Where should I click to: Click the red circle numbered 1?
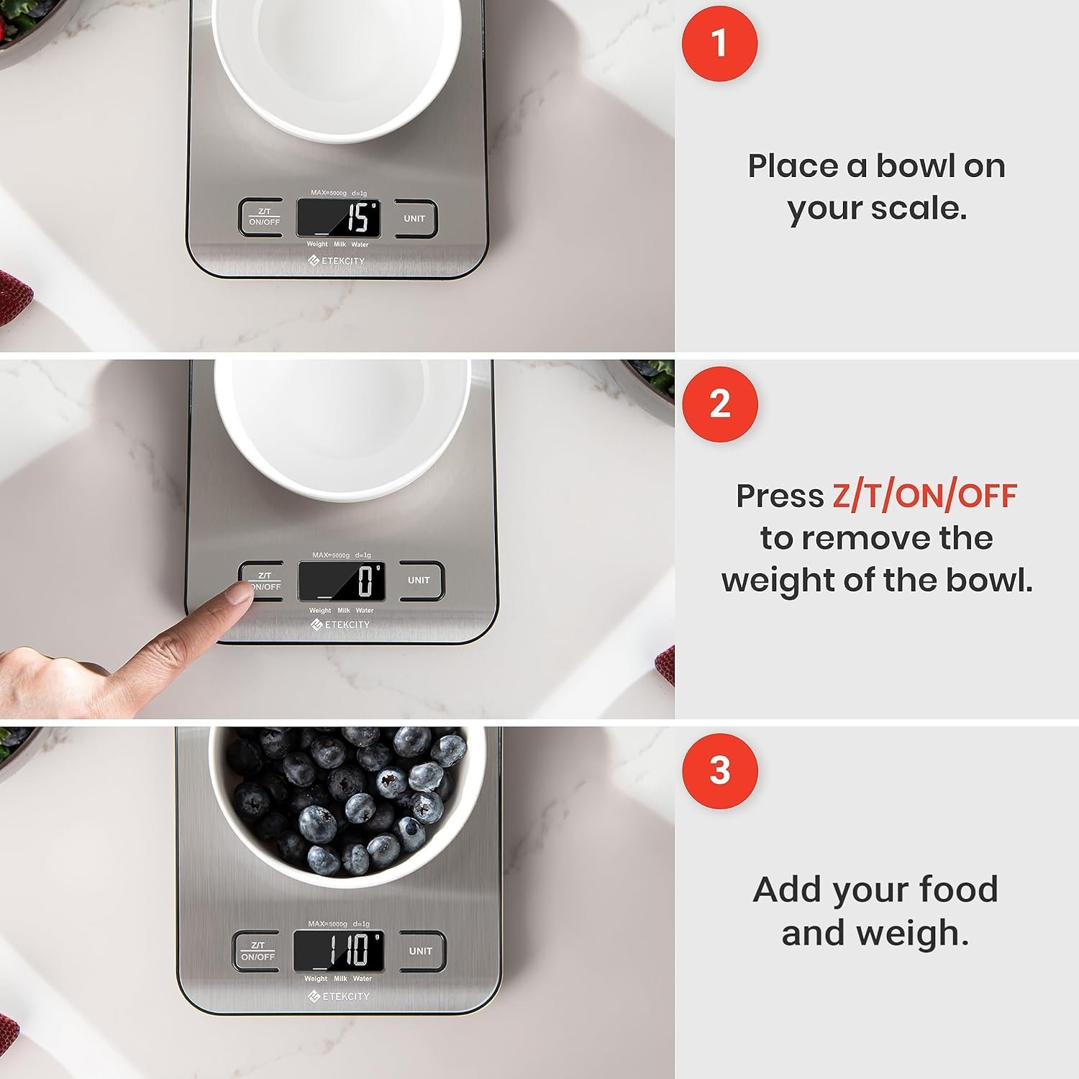[x=719, y=43]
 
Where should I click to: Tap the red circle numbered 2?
[x=719, y=404]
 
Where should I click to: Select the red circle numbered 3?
[x=719, y=771]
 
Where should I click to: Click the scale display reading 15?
[x=339, y=218]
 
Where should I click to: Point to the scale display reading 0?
[x=341, y=581]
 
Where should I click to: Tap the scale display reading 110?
[x=339, y=950]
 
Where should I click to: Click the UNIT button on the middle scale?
[x=419, y=581]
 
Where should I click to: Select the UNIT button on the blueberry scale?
[x=421, y=951]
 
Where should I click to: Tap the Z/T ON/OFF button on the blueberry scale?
[x=258, y=951]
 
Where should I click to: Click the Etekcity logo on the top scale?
[x=337, y=260]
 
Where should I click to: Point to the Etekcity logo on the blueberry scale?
[x=339, y=996]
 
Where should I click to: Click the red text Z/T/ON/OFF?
[x=924, y=496]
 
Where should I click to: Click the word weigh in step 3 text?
[x=875, y=934]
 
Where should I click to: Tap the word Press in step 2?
[x=780, y=496]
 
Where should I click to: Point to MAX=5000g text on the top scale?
[x=329, y=193]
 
